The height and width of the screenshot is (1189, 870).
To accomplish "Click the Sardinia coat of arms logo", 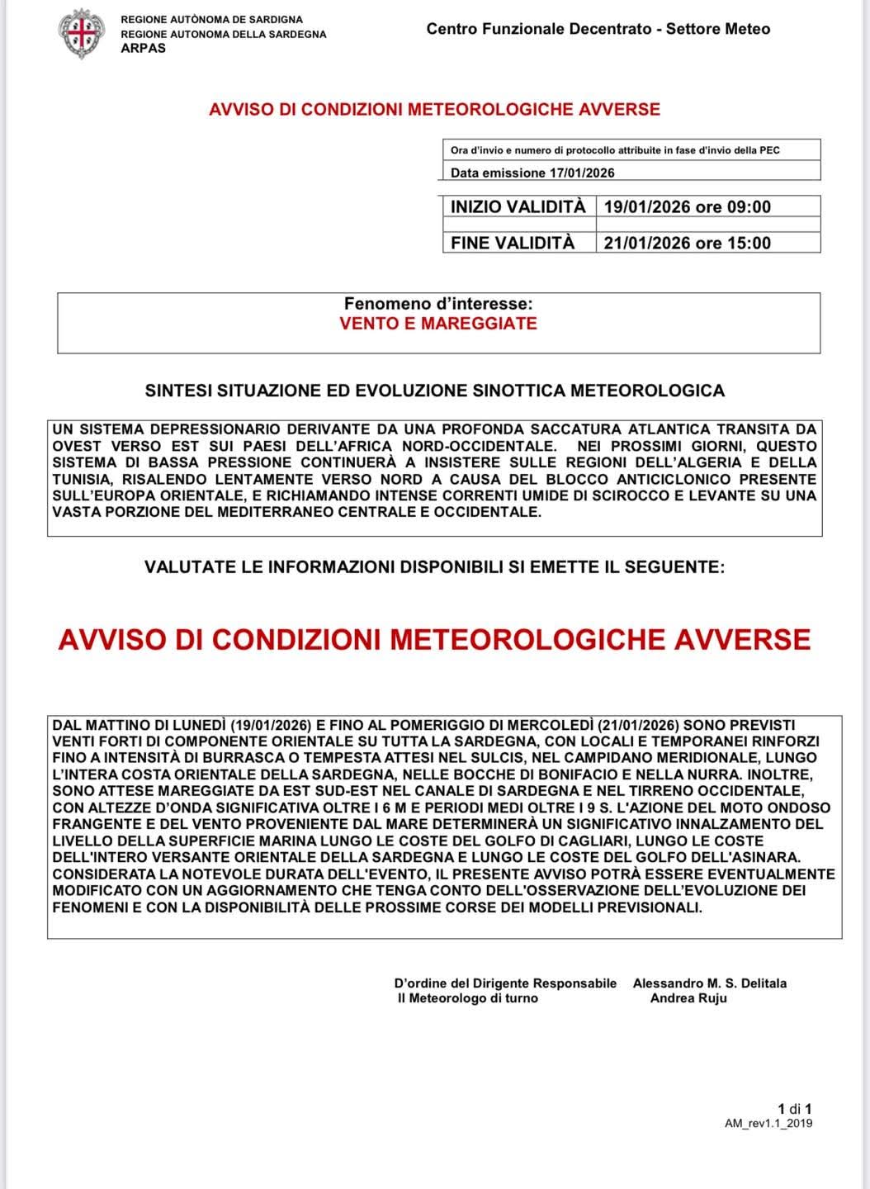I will point(81,33).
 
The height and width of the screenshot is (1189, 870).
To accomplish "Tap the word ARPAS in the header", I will point(143,48).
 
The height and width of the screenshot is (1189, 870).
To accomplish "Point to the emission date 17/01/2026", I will point(581,173).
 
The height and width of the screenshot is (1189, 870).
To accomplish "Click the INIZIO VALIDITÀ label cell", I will point(518,206).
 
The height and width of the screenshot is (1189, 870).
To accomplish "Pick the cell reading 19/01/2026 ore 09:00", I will point(687,206).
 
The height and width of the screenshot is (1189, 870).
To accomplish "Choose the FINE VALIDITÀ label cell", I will point(513,243).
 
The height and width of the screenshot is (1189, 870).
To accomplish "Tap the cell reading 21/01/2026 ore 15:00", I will point(687,243).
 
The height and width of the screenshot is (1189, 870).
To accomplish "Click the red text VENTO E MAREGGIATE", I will point(438,324).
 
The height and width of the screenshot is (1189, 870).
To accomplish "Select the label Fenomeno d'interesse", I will point(438,304).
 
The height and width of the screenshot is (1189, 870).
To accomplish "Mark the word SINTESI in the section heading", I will point(178,391).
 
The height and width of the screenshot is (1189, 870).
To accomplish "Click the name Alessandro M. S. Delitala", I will point(709,983).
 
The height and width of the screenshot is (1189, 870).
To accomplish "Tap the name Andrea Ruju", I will point(688,998).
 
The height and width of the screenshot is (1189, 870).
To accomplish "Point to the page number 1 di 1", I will point(795,1109).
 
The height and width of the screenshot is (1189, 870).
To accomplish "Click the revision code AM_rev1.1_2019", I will point(768,1123).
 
